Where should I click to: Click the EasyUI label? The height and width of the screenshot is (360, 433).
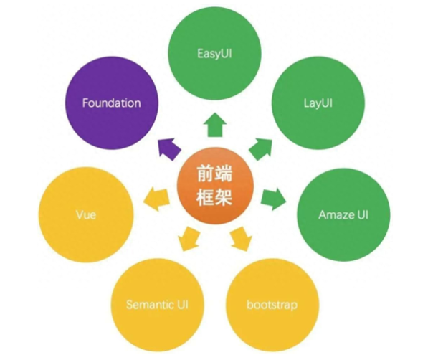(x=214, y=52)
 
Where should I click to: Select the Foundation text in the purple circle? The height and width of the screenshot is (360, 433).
(x=111, y=103)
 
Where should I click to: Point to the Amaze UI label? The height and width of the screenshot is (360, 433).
(x=343, y=214)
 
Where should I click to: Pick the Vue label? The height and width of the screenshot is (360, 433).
(x=85, y=214)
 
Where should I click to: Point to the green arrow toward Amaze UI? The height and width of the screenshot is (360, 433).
(x=273, y=199)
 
